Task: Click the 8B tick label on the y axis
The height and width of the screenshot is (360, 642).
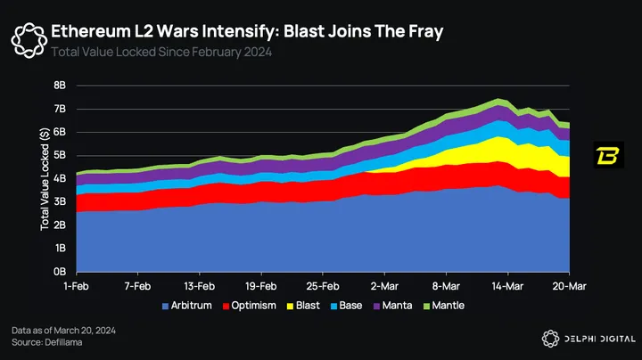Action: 60,86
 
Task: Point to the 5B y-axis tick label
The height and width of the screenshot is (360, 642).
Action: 60,155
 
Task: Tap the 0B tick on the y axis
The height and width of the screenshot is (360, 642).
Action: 60,271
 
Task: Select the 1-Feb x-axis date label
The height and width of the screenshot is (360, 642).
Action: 77,288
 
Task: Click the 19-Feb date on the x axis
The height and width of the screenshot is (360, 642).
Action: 260,288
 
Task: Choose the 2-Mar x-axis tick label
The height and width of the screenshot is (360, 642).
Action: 383,288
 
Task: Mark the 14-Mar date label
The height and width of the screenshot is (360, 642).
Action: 506,288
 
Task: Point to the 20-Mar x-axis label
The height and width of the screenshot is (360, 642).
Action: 568,288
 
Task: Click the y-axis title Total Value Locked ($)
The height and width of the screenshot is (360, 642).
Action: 45,178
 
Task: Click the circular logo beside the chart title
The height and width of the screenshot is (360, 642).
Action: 27,38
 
